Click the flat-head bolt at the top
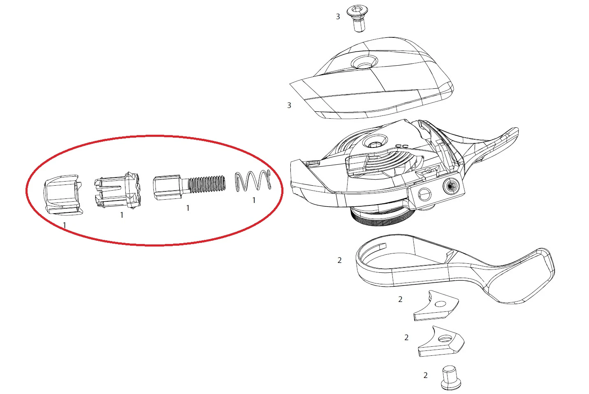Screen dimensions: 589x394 pyautogui.click(x=357, y=19)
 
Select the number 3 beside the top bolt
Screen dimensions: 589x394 pyautogui.click(x=338, y=16)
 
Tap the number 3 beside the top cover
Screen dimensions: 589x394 pyautogui.click(x=289, y=105)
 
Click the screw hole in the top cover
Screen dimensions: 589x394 pyautogui.click(x=364, y=62)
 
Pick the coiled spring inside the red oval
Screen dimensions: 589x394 pyautogui.click(x=253, y=181)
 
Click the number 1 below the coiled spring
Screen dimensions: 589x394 pyautogui.click(x=254, y=200)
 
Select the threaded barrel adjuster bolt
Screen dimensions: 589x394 pyautogui.click(x=189, y=187)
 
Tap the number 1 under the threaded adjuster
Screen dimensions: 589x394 pyautogui.click(x=188, y=208)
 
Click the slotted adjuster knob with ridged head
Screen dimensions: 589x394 pyautogui.click(x=118, y=190)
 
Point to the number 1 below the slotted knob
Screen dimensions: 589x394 pyautogui.click(x=122, y=215)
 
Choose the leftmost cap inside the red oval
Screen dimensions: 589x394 pyautogui.click(x=63, y=195)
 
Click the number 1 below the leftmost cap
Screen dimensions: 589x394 pyautogui.click(x=65, y=225)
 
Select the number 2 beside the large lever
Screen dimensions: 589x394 pyautogui.click(x=339, y=260)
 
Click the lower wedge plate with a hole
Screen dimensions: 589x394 pyautogui.click(x=441, y=342)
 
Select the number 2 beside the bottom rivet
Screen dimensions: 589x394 pyautogui.click(x=425, y=376)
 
